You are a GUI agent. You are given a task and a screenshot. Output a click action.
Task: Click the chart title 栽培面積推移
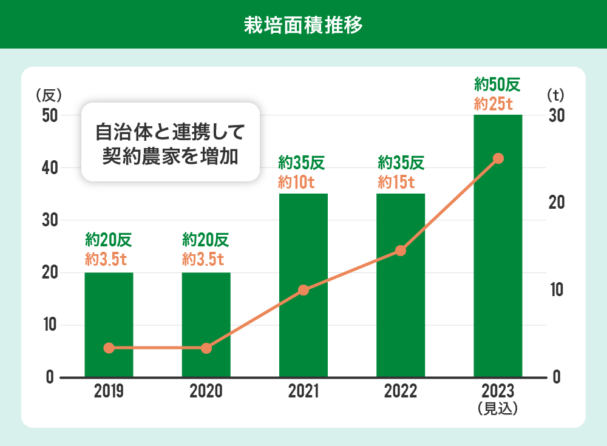(303, 25)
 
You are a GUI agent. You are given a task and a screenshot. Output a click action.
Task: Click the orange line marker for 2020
(206, 348)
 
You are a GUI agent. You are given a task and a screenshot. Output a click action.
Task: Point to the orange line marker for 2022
(401, 251)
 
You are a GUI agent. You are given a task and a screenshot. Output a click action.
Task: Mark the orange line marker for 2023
(498, 158)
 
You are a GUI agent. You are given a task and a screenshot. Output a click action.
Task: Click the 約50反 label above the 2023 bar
(498, 83)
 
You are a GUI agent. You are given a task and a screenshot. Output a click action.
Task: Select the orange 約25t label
(498, 104)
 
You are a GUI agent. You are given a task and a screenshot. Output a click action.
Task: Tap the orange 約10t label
(303, 181)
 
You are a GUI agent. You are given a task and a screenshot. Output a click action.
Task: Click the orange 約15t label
(400, 181)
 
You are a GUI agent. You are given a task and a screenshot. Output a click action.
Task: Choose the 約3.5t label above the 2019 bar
(109, 260)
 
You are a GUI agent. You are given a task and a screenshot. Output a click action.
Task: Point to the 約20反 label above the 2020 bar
(206, 240)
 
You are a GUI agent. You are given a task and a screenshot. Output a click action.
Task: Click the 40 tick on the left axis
(50, 167)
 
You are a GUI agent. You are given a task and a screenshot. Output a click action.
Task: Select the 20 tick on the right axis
(557, 202)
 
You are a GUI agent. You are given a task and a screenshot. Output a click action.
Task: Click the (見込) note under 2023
(498, 408)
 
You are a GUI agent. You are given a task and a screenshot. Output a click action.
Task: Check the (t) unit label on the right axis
(555, 95)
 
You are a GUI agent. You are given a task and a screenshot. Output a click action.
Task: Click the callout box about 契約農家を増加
(170, 143)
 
